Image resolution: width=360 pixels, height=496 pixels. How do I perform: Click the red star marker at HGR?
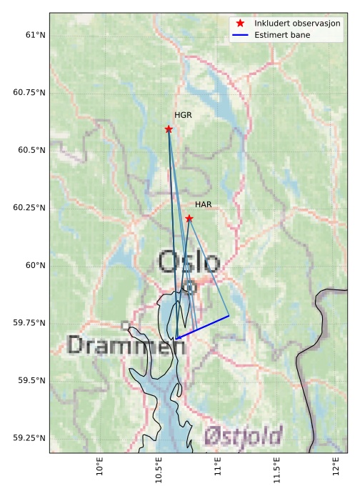click(169, 129)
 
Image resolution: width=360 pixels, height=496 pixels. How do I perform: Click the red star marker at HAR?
click(189, 219)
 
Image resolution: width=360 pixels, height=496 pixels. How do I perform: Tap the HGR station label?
click(183, 114)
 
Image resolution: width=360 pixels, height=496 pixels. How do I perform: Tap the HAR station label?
click(204, 204)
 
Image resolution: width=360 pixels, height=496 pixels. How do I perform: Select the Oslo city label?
click(189, 262)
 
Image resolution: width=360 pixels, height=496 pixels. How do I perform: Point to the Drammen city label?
click(126, 346)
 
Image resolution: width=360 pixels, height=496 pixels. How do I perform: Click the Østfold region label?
click(243, 435)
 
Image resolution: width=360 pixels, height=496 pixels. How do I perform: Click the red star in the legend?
click(241, 23)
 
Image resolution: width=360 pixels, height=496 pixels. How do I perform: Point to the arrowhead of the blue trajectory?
click(177, 338)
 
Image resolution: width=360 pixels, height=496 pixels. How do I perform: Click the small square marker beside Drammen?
click(125, 325)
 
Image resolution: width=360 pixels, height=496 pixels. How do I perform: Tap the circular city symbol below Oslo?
click(189, 287)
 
